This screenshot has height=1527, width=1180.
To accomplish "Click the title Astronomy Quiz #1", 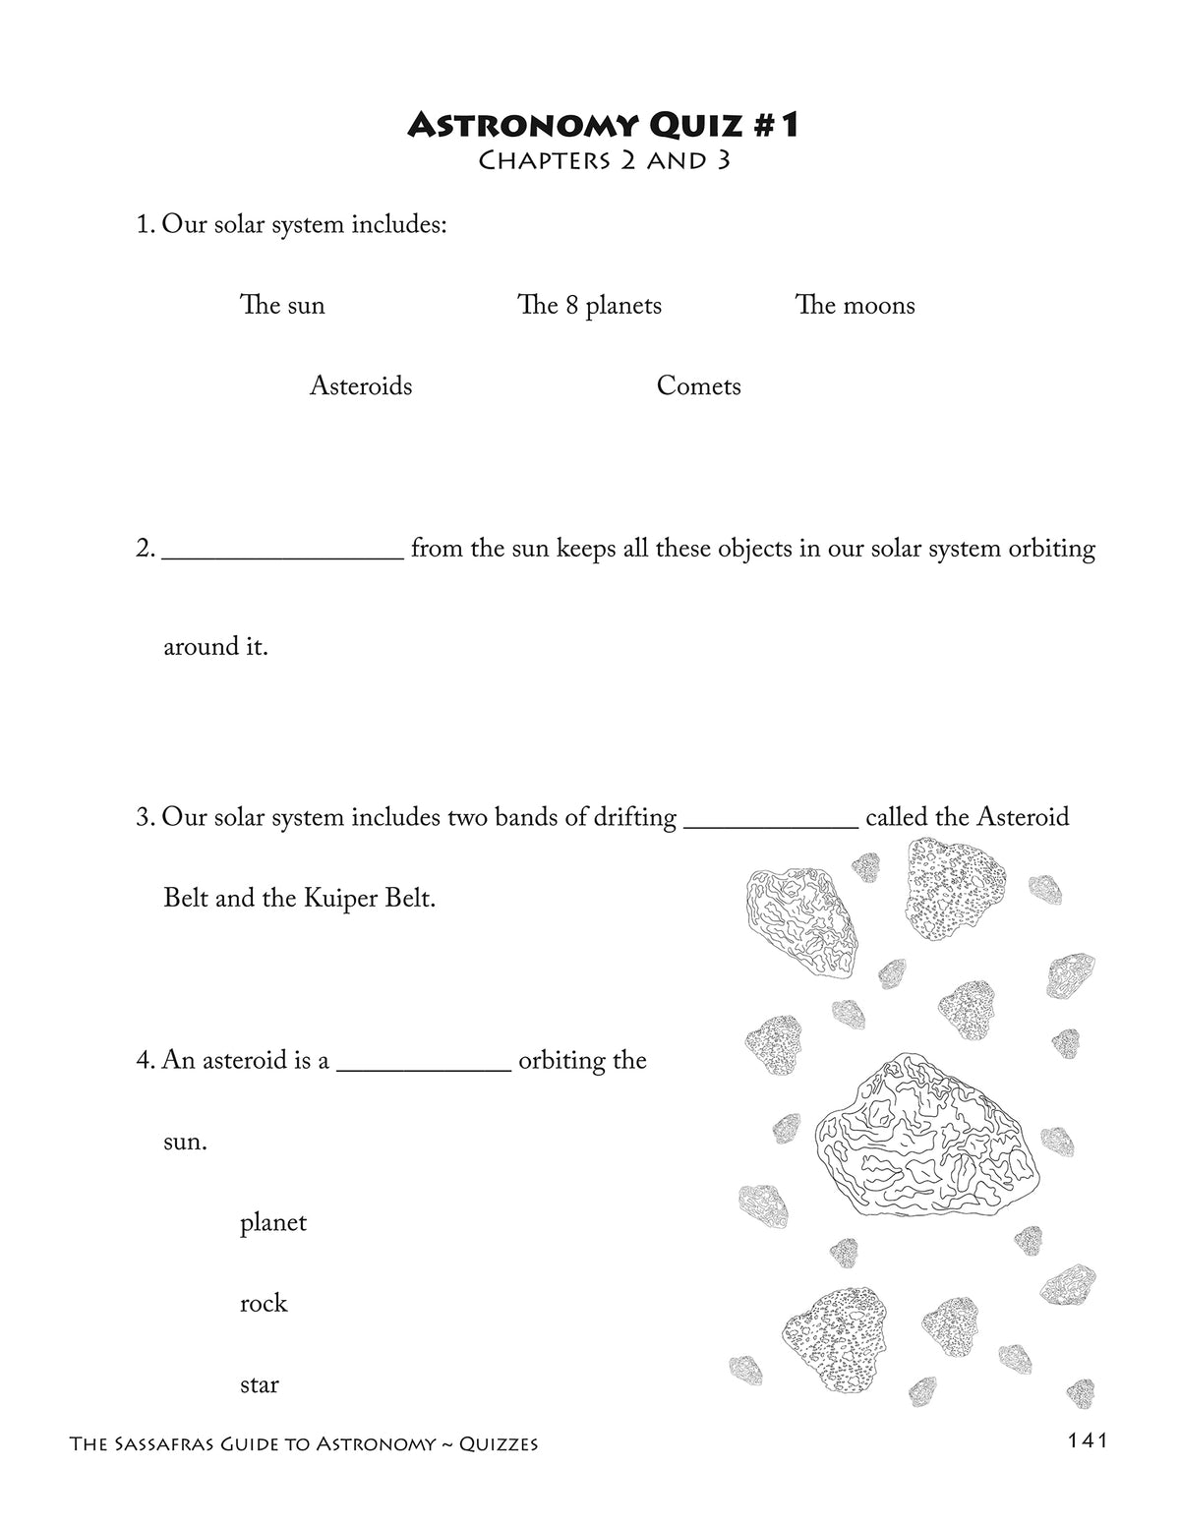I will click(x=603, y=125).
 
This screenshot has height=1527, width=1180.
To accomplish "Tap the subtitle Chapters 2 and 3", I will click(x=603, y=160).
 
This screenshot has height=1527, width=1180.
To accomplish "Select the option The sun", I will click(x=282, y=306).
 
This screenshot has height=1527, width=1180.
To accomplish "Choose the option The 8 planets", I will click(x=589, y=306).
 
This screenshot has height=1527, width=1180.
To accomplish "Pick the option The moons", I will click(x=855, y=306).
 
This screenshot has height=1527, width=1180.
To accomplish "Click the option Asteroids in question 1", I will click(x=361, y=386).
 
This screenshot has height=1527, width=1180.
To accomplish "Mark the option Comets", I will click(x=698, y=386).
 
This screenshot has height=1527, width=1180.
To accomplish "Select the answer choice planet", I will click(x=273, y=1223).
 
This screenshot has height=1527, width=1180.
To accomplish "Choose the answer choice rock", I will click(x=264, y=1304).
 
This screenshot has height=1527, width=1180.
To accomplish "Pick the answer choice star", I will click(x=260, y=1385).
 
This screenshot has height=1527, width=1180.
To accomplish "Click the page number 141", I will click(x=1087, y=1440).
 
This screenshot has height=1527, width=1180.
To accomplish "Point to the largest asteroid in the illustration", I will click(x=925, y=1137).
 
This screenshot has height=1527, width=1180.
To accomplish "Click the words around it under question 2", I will click(x=215, y=647).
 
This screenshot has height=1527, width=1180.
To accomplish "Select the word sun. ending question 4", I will click(x=185, y=1143).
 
